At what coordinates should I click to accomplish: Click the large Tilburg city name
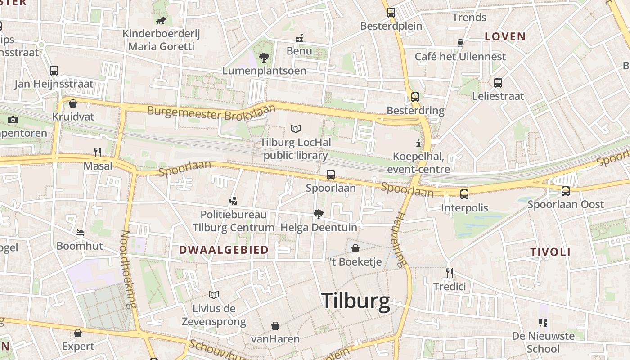(x=355, y=301)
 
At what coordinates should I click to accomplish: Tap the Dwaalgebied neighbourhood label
(x=224, y=250)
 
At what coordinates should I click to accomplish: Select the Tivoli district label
(x=550, y=252)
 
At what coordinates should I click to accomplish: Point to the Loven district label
(x=505, y=37)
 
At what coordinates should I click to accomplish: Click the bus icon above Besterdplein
(x=391, y=13)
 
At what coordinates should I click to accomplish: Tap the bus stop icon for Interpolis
(x=464, y=194)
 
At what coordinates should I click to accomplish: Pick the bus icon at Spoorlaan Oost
(x=565, y=191)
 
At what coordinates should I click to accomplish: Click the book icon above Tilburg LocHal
(x=295, y=129)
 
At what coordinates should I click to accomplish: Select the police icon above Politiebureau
(x=233, y=201)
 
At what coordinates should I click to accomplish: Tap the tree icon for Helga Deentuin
(x=318, y=214)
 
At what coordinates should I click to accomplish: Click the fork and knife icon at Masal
(x=97, y=153)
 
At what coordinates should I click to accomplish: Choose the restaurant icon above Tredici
(x=449, y=273)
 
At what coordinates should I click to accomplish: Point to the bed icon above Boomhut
(x=80, y=233)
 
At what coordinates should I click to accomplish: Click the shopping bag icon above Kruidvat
(x=73, y=103)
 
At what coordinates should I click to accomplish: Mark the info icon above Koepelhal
(x=418, y=144)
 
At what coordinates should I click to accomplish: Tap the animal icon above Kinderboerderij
(x=161, y=20)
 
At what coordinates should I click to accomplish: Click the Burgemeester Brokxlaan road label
(x=211, y=112)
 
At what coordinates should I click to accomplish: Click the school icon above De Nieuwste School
(x=543, y=322)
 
